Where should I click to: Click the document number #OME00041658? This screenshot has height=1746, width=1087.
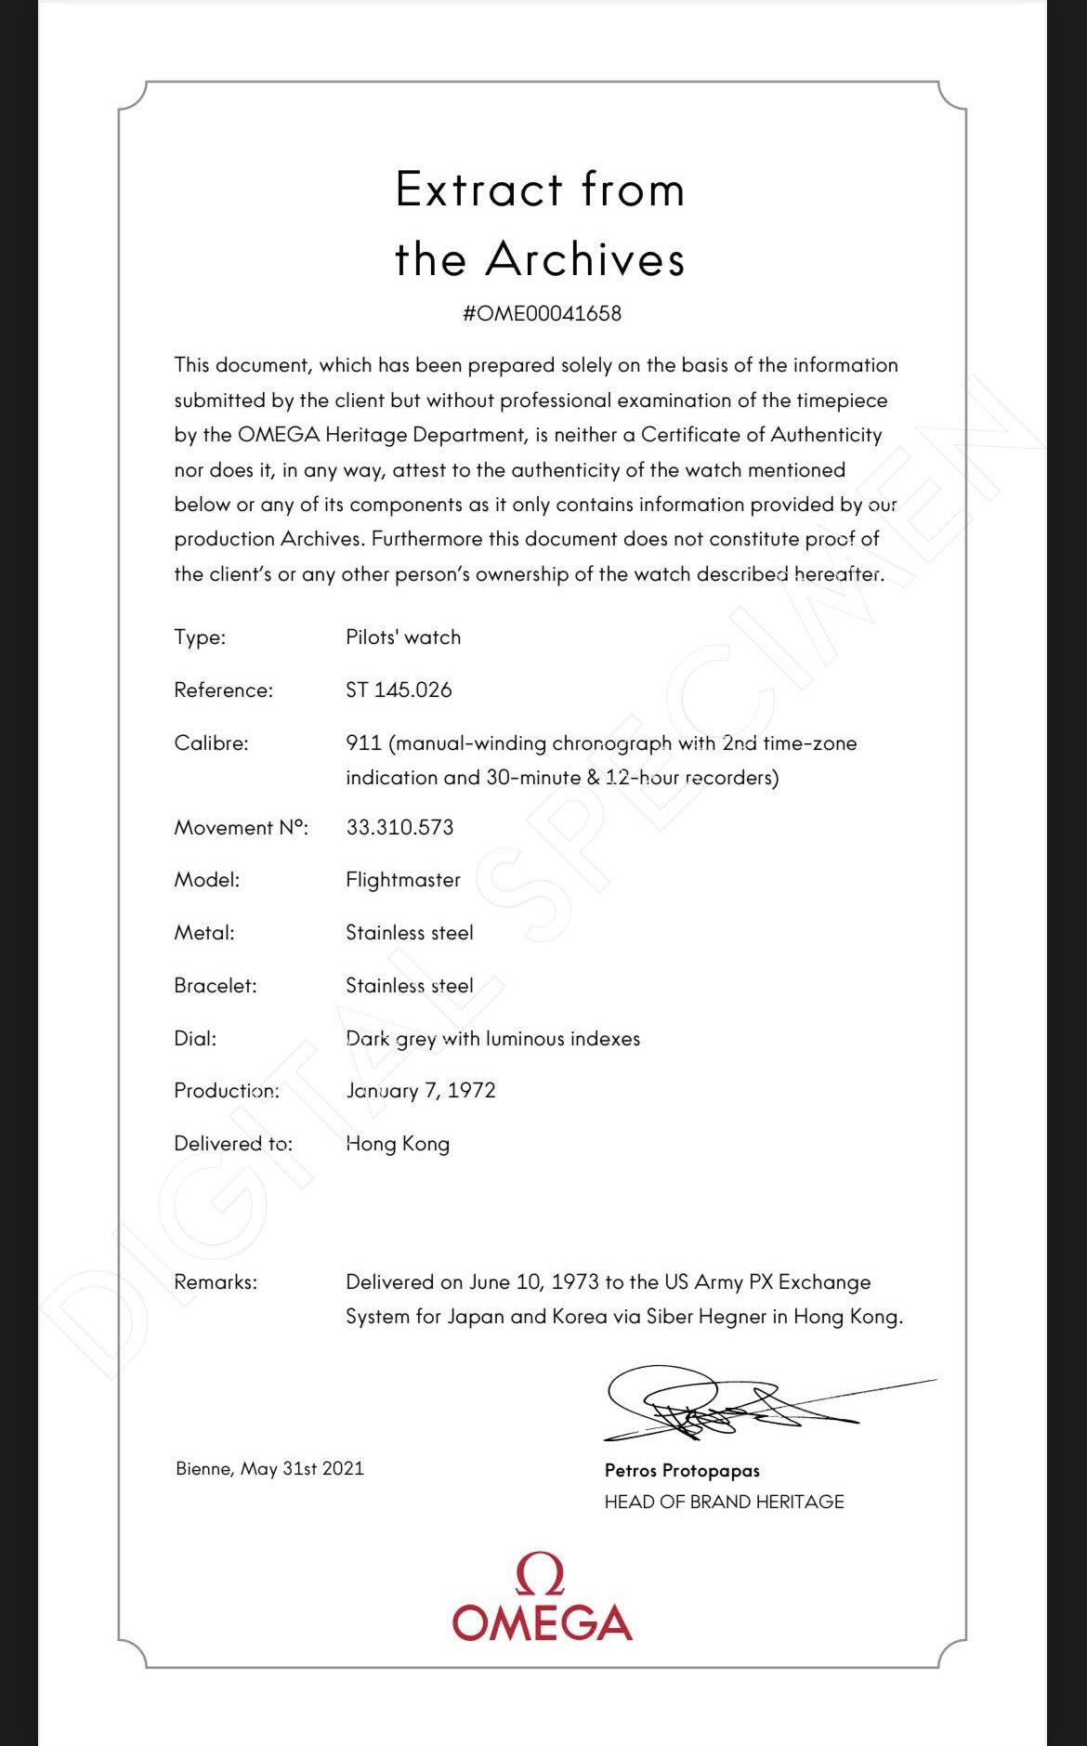[542, 313]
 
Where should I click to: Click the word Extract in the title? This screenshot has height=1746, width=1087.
[479, 190]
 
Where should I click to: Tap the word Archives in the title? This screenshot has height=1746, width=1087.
[585, 259]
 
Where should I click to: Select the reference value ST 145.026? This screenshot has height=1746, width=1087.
[399, 689]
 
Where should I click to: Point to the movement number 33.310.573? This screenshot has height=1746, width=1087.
[399, 827]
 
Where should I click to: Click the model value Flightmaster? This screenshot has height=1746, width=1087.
[403, 880]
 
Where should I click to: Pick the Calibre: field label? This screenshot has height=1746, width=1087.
[211, 743]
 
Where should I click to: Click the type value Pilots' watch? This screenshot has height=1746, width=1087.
[403, 637]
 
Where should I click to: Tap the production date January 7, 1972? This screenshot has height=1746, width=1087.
[420, 1090]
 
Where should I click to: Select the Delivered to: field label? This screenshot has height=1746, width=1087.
[233, 1144]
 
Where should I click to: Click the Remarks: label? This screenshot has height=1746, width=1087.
[216, 1282]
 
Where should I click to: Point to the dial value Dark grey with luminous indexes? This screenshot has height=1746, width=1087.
[492, 1038]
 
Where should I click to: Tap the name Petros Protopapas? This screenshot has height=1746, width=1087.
[682, 1471]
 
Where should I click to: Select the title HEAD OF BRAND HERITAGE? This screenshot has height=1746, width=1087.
[724, 1502]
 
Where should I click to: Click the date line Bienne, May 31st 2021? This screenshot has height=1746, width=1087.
[269, 1469]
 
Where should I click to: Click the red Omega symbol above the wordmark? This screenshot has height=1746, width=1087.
[540, 1575]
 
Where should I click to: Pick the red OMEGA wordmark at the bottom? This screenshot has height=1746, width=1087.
[542, 1622]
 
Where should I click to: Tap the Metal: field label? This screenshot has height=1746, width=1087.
[204, 933]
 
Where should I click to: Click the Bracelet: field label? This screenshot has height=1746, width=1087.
[216, 986]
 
